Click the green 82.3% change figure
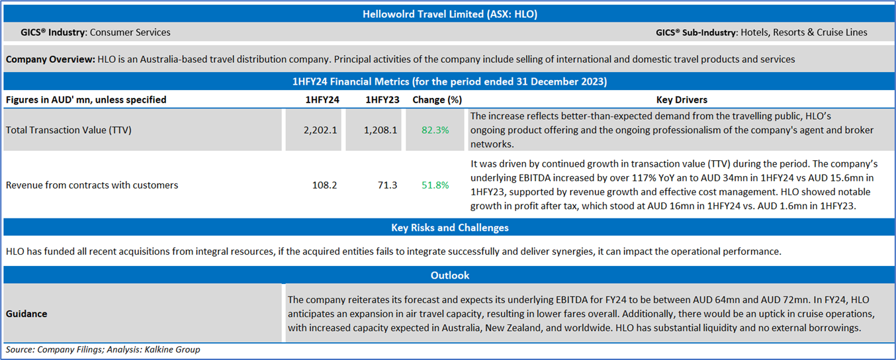click(x=435, y=130)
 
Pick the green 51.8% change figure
click(x=435, y=185)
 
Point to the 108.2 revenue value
click(x=324, y=185)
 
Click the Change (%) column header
click(x=436, y=100)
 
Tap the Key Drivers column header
click(x=681, y=100)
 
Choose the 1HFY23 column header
click(x=381, y=100)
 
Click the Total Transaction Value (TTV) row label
click(x=69, y=130)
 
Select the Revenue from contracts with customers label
click(x=92, y=185)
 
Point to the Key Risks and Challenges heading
click(x=449, y=228)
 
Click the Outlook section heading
click(x=449, y=275)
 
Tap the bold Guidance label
click(x=26, y=314)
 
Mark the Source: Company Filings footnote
click(x=103, y=349)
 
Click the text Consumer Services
click(x=130, y=32)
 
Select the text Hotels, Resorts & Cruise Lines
click(x=803, y=32)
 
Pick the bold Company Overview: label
click(x=50, y=60)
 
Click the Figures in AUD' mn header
click(x=86, y=100)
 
